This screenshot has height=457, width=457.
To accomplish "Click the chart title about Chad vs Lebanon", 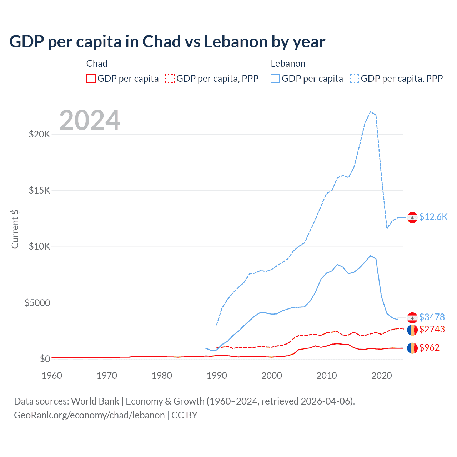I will click(x=167, y=42).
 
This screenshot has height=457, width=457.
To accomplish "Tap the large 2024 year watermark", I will click(x=90, y=120).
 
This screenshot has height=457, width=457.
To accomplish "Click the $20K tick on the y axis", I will click(x=39, y=135).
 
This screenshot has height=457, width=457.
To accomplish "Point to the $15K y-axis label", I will click(x=39, y=190).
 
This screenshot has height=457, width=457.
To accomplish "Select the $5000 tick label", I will click(x=37, y=303).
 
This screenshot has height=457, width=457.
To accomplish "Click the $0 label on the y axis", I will click(x=45, y=359).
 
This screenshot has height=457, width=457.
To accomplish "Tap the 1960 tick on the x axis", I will click(x=52, y=376).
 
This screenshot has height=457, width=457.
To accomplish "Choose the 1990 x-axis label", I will click(x=217, y=376).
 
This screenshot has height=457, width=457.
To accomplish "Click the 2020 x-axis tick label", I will click(x=382, y=376).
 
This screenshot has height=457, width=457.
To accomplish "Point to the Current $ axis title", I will click(x=15, y=229).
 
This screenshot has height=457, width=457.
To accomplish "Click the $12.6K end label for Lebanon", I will click(x=433, y=217).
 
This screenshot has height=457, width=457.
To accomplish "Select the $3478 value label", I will click(x=432, y=317).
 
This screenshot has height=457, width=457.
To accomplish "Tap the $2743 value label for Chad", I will click(x=432, y=329).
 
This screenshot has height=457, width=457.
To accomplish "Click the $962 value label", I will click(x=429, y=347).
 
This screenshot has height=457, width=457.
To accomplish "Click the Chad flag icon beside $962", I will click(x=412, y=348).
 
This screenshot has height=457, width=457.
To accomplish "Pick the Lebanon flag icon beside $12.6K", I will click(x=412, y=217).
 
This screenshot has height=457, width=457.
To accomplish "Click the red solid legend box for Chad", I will click(x=91, y=79).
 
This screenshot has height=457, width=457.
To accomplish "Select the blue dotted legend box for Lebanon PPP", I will click(x=355, y=79).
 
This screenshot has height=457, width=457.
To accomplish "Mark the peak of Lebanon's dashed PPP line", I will click(x=371, y=112).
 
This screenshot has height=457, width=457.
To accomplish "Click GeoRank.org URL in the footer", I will click(x=89, y=415).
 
